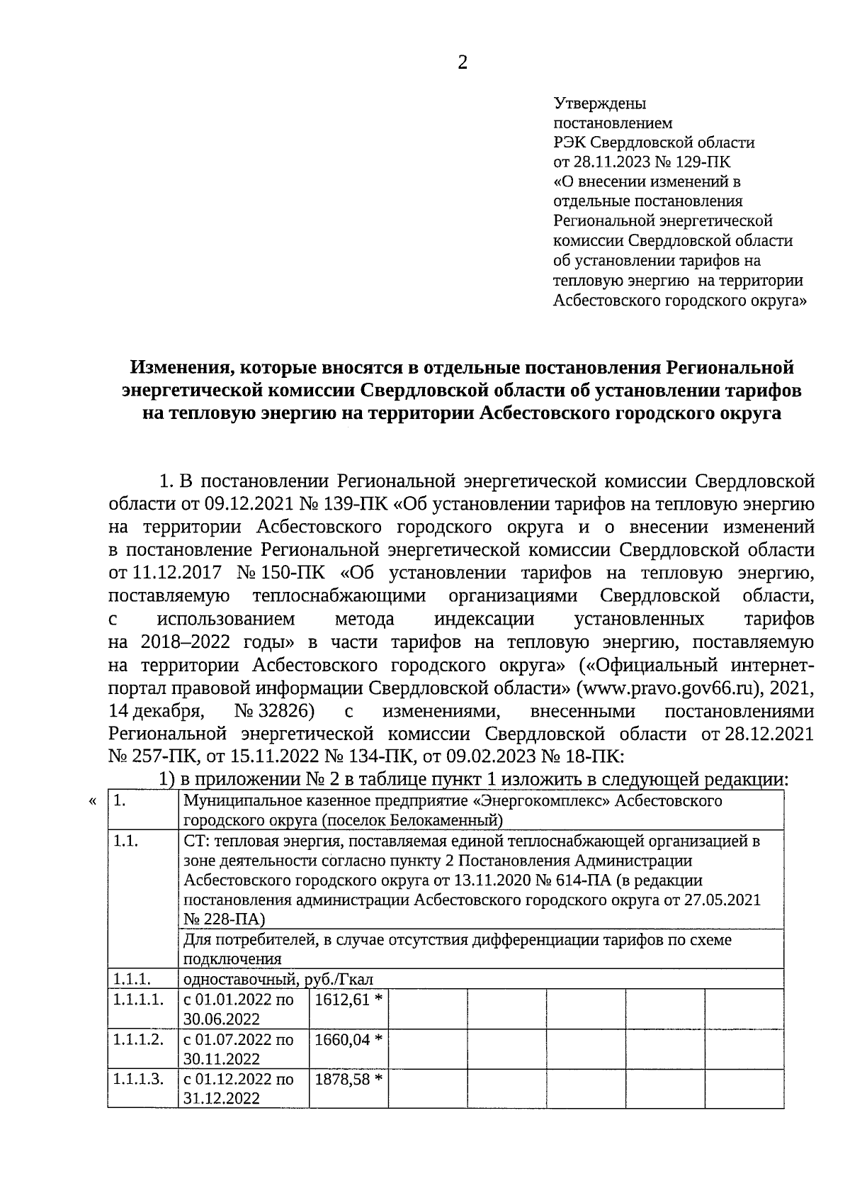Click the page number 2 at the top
[x=463, y=63]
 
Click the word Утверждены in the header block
[x=599, y=103]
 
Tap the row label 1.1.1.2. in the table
[x=138, y=1039]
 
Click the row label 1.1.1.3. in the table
[x=138, y=1079]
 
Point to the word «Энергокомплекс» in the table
[x=543, y=801]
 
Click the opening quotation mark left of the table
[x=92, y=802]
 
